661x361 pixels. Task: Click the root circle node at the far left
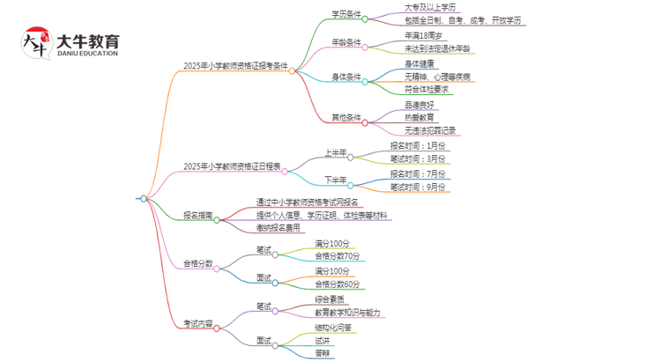144,199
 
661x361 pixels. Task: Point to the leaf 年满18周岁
411,35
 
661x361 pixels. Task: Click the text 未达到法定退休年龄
426,48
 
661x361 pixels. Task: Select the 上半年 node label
336,151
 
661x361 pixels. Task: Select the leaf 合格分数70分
337,255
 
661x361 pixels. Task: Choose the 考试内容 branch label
197,322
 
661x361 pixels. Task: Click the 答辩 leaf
323,354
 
